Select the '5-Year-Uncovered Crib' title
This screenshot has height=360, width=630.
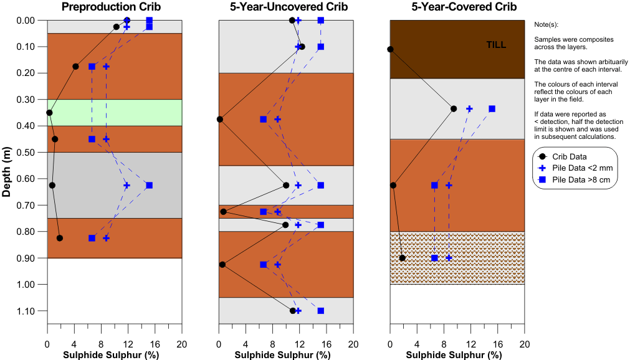click(285, 7)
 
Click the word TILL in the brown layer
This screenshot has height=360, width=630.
click(496, 45)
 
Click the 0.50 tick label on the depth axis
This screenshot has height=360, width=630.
click(26, 153)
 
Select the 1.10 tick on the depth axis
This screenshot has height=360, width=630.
click(26, 311)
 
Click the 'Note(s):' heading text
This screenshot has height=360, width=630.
click(546, 25)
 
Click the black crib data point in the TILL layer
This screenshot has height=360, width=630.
click(390, 49)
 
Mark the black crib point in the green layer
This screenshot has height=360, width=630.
click(49, 113)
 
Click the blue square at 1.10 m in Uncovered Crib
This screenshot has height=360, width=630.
click(321, 311)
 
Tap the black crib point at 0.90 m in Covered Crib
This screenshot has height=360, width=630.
click(402, 258)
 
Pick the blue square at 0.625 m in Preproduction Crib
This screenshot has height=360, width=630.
click(149, 185)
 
